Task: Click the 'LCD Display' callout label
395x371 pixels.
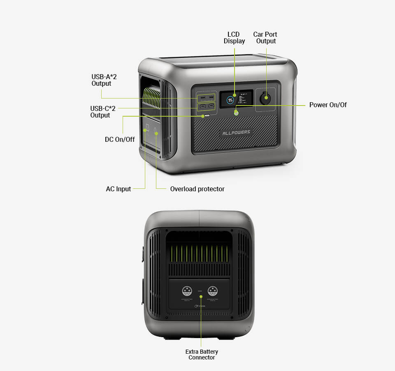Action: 234,38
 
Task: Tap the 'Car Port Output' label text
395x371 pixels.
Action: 265,38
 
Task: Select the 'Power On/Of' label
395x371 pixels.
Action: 328,105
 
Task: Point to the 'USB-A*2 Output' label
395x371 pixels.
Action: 101,80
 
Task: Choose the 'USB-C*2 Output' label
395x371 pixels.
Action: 100,112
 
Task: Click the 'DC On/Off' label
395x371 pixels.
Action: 120,139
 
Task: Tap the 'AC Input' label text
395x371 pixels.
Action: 118,189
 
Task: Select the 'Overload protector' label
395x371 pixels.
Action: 197,189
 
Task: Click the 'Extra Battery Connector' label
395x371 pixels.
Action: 202,355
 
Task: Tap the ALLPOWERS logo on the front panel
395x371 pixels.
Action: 236,133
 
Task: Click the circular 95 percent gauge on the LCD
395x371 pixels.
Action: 231,100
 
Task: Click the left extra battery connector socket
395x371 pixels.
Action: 187,291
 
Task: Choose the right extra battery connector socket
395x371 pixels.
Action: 213,291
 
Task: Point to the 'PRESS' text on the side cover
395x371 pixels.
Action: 202,306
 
